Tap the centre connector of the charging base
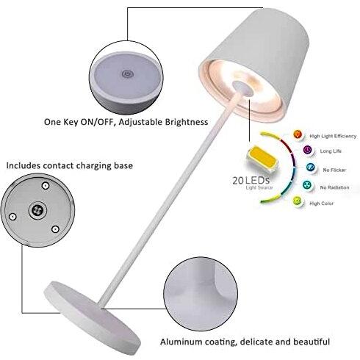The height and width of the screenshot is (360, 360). tap(37, 210)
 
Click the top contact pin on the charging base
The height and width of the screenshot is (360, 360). tap(46, 186)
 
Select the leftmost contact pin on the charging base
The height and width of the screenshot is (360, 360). tap(12, 217)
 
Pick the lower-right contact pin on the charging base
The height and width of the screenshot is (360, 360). tap(55, 229)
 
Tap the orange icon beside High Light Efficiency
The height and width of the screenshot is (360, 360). tap(297, 134)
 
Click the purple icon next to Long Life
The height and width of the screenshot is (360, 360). tap(308, 150)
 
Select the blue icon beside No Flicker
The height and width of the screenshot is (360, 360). tap(311, 168)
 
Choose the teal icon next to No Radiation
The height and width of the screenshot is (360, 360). tap(306, 185)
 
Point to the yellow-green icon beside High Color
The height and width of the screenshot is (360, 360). tap(297, 201)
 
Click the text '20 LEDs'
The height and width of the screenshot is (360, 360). tap(251, 181)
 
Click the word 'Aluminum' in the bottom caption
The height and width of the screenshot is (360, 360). tap(181, 342)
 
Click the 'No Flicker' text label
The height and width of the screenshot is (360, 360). tap(334, 170)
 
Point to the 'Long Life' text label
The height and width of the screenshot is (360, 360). tap(331, 151)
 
